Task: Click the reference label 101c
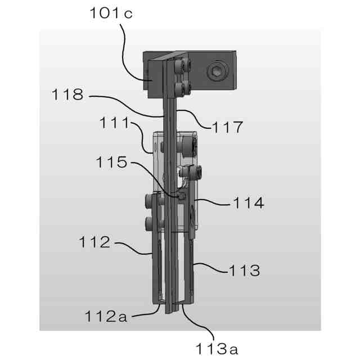[111, 13]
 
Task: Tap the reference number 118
[67, 94]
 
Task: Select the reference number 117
[227, 127]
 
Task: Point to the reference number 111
[115, 123]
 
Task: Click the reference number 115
[111, 162]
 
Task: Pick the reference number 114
[249, 202]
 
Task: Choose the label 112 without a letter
[94, 242]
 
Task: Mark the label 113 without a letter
[245, 270]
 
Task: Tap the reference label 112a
[106, 316]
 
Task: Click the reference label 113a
[217, 349]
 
